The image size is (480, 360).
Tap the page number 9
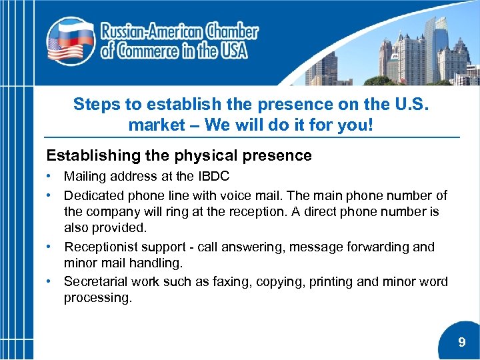coord(462,343)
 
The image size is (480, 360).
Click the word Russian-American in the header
coord(151,31)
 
